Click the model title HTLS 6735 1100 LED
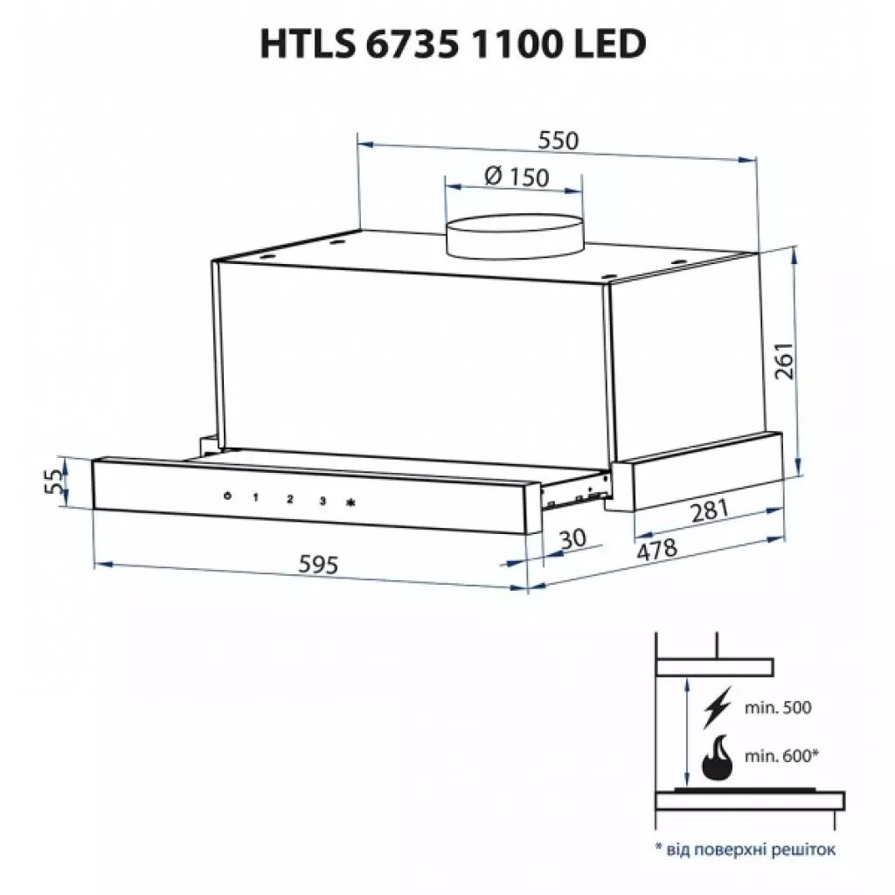coord(452,44)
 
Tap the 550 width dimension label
coord(559,140)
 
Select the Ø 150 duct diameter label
coord(516,177)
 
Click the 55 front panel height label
coord(54,481)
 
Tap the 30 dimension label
coord(572,539)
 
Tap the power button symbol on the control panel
coord(226,497)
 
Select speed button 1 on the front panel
coord(256,498)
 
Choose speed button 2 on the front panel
coord(290,500)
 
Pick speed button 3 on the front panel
coord(323,501)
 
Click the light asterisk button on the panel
coord(351,503)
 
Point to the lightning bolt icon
coord(718,709)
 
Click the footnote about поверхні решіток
coord(745,849)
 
